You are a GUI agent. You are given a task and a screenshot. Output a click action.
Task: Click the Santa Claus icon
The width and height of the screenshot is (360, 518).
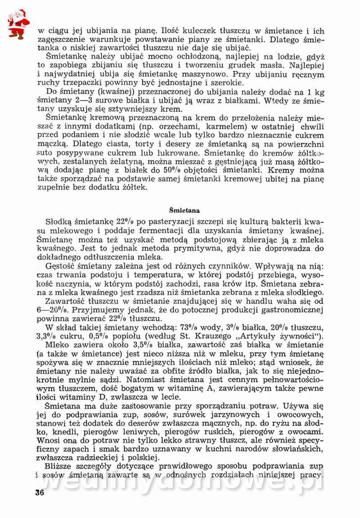18,24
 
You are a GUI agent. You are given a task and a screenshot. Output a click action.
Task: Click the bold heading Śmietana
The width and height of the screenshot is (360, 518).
184,210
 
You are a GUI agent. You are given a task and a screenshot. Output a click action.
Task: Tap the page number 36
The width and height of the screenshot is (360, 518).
39,492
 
